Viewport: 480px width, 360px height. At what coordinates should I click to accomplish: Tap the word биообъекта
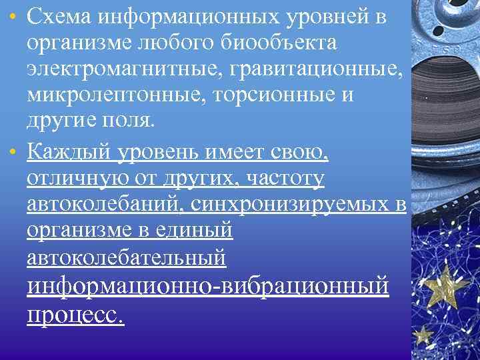[x=286, y=44]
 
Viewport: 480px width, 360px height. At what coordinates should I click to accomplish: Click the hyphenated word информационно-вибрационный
[x=207, y=286]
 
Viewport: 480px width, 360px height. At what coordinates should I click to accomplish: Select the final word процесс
[x=75, y=314]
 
